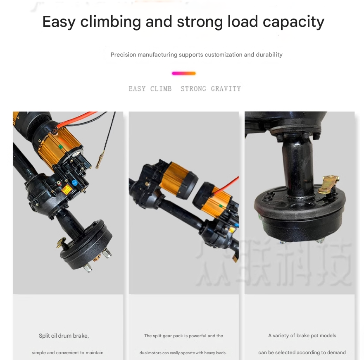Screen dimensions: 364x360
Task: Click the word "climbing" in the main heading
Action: [x=110, y=22]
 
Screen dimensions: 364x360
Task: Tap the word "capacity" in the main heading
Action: [x=293, y=22]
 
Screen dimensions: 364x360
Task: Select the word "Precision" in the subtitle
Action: [x=123, y=55]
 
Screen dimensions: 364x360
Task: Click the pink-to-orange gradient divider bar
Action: [x=183, y=74]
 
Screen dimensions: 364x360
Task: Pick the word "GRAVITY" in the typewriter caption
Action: [x=226, y=89]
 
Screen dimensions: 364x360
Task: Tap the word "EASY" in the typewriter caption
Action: [x=137, y=89]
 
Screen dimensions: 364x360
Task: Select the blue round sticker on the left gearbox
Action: [x=74, y=183]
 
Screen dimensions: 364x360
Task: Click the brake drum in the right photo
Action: [x=300, y=214]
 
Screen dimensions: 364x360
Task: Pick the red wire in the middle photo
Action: [x=226, y=185]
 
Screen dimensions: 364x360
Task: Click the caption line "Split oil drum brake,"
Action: [x=64, y=336]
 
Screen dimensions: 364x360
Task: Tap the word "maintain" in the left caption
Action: [x=95, y=353]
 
